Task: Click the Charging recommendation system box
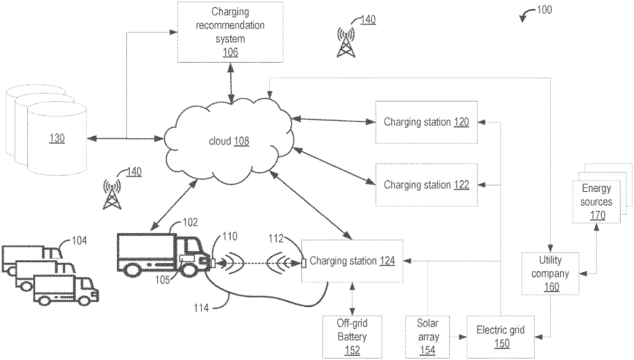(230, 32)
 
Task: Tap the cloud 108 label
(229, 141)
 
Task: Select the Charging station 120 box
(426, 122)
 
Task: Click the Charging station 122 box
(426, 185)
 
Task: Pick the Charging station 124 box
(352, 261)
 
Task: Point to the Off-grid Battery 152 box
(352, 337)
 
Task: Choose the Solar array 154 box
(428, 337)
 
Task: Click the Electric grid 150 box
(500, 337)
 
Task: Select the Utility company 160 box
(550, 274)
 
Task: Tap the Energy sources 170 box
(596, 202)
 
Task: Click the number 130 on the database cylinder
(57, 138)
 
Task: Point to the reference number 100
(544, 10)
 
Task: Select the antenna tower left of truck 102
(112, 194)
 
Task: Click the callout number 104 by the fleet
(79, 240)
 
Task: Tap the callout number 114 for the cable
(201, 308)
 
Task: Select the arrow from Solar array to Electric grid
(458, 337)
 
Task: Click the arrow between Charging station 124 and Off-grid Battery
(352, 299)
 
